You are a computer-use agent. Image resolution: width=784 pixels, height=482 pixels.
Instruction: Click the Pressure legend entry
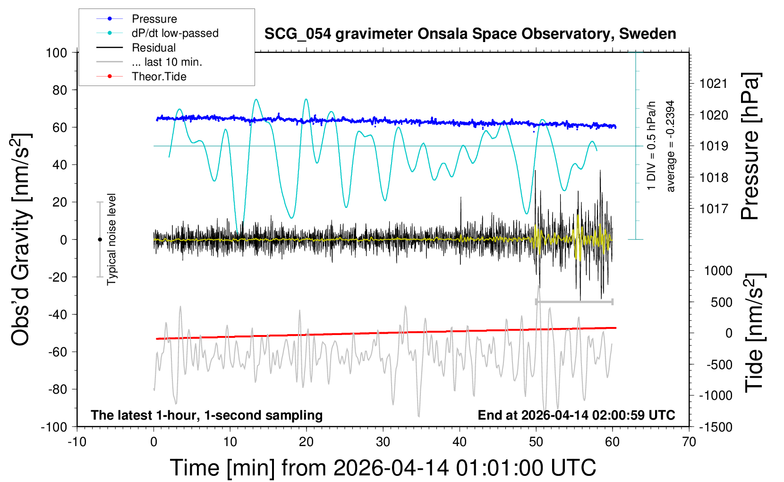pyautogui.click(x=154, y=19)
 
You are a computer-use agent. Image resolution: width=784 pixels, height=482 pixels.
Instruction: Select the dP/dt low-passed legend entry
pyautogui.click(x=175, y=33)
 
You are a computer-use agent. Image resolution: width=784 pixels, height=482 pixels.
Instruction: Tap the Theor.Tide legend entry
pyautogui.click(x=159, y=77)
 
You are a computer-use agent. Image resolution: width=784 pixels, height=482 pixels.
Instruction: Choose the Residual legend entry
pyautogui.click(x=153, y=48)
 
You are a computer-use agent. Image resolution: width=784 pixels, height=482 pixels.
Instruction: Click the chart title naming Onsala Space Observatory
pyautogui.click(x=470, y=34)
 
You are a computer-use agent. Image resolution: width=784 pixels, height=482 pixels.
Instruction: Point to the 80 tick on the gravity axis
pyautogui.click(x=60, y=90)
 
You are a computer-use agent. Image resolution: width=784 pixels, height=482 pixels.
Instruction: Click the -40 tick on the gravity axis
pyautogui.click(x=58, y=314)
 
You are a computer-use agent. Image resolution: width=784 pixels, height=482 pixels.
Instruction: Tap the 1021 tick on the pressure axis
pyautogui.click(x=713, y=84)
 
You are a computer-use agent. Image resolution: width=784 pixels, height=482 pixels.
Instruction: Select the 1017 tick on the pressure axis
pyautogui.click(x=713, y=208)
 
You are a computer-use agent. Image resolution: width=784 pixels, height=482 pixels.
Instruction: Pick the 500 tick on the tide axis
pyautogui.click(x=721, y=302)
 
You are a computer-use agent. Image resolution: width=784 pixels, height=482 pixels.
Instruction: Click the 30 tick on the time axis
pyautogui.click(x=383, y=442)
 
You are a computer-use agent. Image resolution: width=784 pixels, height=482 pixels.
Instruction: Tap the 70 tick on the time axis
pyautogui.click(x=689, y=442)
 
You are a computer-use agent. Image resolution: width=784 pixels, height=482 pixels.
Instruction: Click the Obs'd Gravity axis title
pyautogui.click(x=21, y=240)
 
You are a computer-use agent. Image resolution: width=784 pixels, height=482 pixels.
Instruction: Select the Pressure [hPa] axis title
pyautogui.click(x=750, y=146)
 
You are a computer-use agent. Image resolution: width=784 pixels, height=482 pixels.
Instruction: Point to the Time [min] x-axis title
pyautogui.click(x=383, y=467)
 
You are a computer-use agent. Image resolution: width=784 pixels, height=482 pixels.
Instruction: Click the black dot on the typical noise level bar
pyautogui.click(x=100, y=240)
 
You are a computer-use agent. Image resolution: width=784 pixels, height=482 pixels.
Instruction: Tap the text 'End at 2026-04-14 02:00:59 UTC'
pyautogui.click(x=576, y=415)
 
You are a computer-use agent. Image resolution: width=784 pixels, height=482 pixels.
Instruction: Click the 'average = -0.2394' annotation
pyautogui.click(x=670, y=146)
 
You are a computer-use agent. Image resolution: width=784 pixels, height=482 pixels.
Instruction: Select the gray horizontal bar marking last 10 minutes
pyautogui.click(x=574, y=301)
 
